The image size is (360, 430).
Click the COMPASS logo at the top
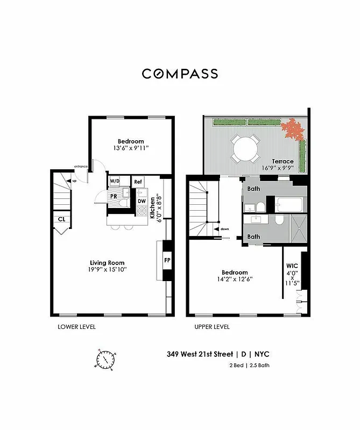pyautogui.click(x=180, y=74)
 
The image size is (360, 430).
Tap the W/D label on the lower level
pyautogui.click(x=115, y=182)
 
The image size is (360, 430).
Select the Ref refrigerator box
pyautogui.click(x=138, y=182)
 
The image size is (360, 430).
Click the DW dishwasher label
pyautogui.click(x=142, y=201)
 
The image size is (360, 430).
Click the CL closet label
pyautogui.click(x=61, y=219)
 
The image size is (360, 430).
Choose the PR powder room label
pyautogui.click(x=114, y=197)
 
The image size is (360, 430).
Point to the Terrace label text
pyautogui.click(x=283, y=161)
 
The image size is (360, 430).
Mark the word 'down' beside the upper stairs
pyautogui.click(x=224, y=230)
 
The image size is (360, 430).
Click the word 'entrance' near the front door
pyautogui.click(x=81, y=166)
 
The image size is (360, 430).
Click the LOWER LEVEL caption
pyautogui.click(x=76, y=327)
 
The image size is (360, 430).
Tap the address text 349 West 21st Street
pyautogui.click(x=200, y=354)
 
